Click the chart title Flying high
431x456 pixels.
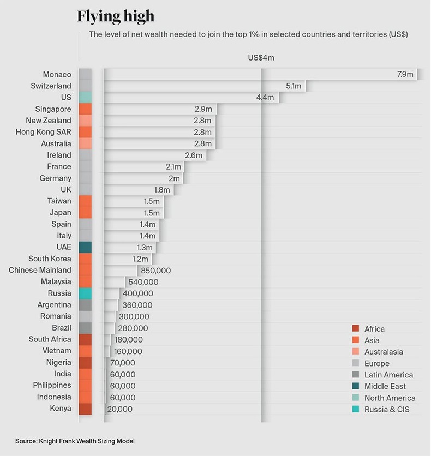(116, 16)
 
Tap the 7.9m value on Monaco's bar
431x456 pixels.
(405, 74)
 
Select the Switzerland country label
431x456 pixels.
(51, 86)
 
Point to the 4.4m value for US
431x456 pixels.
(266, 98)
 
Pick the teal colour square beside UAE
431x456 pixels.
(85, 247)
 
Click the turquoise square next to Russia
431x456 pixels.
(85, 293)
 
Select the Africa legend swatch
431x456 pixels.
(356, 329)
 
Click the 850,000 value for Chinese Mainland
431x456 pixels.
(155, 271)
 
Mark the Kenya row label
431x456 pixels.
(60, 409)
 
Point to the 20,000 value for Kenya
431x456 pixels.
(119, 409)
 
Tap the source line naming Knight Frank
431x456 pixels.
(74, 441)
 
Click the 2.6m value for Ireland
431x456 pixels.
(194, 155)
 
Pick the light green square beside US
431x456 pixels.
(85, 97)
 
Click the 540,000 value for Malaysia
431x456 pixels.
(143, 282)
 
